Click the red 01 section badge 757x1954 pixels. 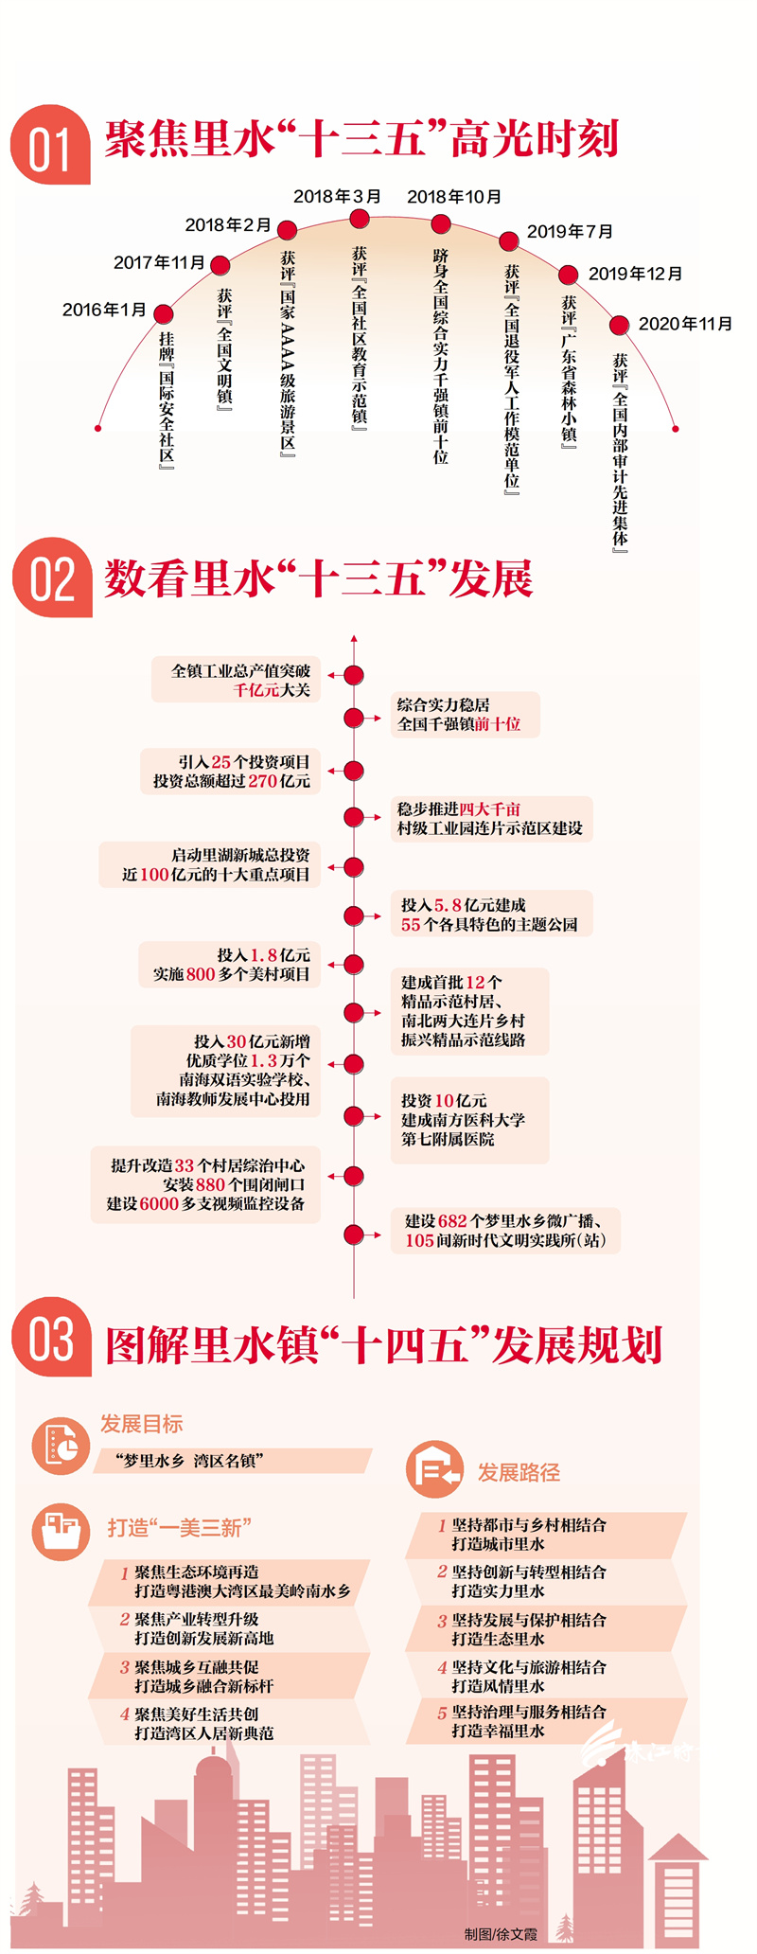click(x=50, y=145)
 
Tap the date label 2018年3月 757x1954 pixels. click(x=337, y=196)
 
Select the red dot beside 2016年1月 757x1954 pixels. click(x=164, y=313)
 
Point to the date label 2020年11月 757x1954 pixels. click(x=685, y=324)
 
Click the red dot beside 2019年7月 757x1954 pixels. click(x=509, y=240)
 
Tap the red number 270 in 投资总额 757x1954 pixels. click(x=262, y=781)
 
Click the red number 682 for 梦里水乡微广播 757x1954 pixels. click(x=452, y=1221)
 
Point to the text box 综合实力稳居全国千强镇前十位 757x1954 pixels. click(x=466, y=715)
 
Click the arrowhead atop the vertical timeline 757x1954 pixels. click(x=354, y=639)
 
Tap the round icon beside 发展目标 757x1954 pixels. click(x=61, y=1446)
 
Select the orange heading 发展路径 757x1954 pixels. click(x=519, y=1472)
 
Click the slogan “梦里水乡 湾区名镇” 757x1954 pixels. click(x=189, y=1461)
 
